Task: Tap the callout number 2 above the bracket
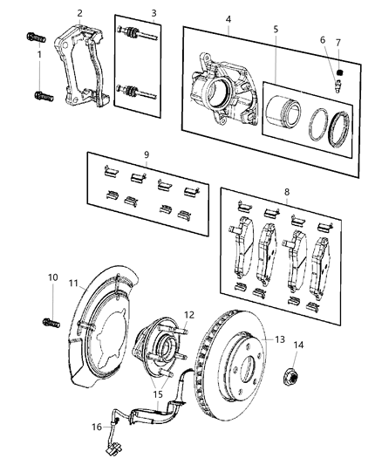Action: pyautogui.click(x=79, y=13)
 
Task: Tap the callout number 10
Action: pyautogui.click(x=51, y=277)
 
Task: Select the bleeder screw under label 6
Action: pyautogui.click(x=336, y=85)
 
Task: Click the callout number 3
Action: pyautogui.click(x=153, y=13)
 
